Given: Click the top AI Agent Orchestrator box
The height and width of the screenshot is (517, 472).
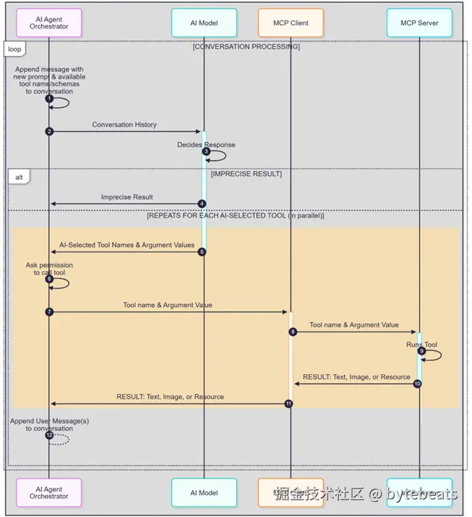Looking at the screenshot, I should pyautogui.click(x=48, y=23).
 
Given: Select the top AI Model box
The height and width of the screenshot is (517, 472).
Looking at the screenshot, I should pyautogui.click(x=203, y=23).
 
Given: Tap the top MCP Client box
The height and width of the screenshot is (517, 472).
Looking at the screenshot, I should pyautogui.click(x=290, y=23).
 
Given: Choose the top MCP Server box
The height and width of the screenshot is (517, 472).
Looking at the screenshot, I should pyautogui.click(x=419, y=23).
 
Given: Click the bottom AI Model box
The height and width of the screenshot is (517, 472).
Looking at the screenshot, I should pyautogui.click(x=203, y=493).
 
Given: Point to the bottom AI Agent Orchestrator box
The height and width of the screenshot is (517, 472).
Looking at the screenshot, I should pyautogui.click(x=48, y=493).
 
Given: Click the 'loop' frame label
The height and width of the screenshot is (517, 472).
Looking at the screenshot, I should pyautogui.click(x=14, y=49).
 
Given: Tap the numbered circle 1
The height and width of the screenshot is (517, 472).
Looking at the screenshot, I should pyautogui.click(x=49, y=99).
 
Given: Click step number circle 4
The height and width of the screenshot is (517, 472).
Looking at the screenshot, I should pyautogui.click(x=202, y=203).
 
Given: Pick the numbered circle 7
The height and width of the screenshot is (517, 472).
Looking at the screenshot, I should pyautogui.click(x=49, y=311).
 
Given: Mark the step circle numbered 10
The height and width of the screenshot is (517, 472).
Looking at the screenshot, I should pyautogui.click(x=418, y=383).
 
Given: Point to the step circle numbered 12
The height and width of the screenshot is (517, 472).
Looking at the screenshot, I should pyautogui.click(x=49, y=435).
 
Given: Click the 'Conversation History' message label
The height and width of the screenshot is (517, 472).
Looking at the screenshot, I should pyautogui.click(x=125, y=125).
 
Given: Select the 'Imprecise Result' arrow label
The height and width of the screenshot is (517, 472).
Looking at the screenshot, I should pyautogui.click(x=127, y=197).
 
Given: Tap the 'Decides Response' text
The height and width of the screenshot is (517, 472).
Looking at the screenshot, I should pyautogui.click(x=206, y=144).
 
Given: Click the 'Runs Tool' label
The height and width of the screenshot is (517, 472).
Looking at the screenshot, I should pyautogui.click(x=421, y=344).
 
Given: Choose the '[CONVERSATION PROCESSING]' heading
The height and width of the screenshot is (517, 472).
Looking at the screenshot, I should pyautogui.click(x=246, y=47).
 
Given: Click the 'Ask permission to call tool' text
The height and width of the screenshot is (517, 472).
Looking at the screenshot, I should pyautogui.click(x=49, y=269).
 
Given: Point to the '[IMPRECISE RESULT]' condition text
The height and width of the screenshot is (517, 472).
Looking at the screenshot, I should pyautogui.click(x=246, y=174).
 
